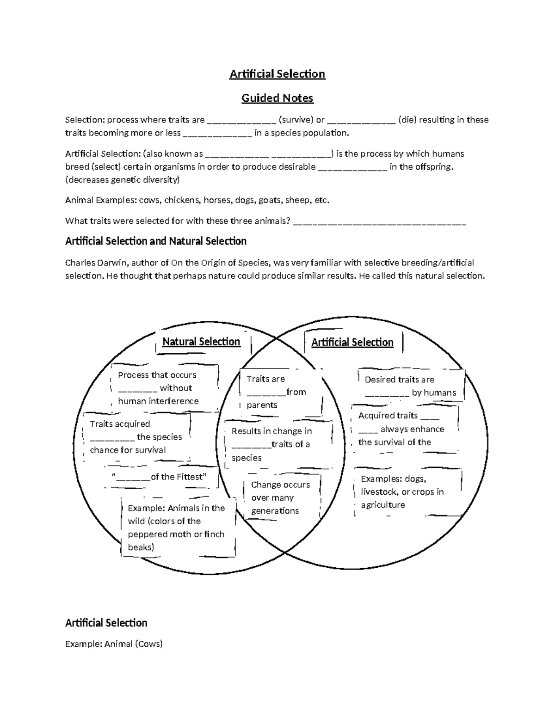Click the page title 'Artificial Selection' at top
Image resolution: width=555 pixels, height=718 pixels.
click(277, 74)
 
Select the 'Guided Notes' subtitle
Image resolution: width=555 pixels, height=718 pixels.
click(277, 98)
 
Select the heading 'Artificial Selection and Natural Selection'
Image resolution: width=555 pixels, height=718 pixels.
click(156, 241)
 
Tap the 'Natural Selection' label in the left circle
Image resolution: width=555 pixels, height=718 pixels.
click(201, 342)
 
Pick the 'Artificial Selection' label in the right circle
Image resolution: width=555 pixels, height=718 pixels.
click(352, 342)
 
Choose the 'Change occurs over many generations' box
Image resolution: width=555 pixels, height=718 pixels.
click(280, 497)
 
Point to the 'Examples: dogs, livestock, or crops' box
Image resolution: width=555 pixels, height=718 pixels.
click(402, 492)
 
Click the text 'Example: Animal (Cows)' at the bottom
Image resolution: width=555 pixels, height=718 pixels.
click(114, 644)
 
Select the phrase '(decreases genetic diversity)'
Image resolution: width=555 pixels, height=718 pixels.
click(123, 180)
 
